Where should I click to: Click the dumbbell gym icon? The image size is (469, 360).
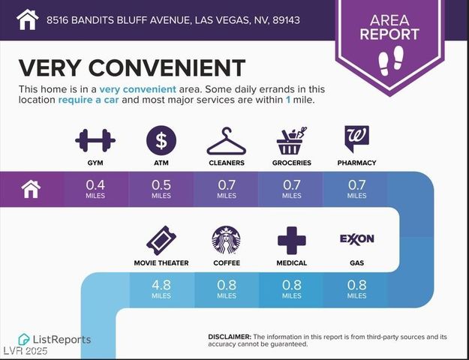[95, 140]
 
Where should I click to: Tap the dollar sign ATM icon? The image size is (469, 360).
[161, 140]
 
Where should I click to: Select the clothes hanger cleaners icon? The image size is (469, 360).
[226, 141]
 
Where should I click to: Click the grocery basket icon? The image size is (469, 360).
[291, 140]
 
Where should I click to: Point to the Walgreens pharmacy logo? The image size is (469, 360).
[356, 139]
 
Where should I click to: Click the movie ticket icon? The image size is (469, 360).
[161, 240]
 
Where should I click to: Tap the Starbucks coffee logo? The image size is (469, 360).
[226, 240]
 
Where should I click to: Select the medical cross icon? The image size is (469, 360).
[291, 240]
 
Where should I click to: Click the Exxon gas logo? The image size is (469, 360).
[356, 239]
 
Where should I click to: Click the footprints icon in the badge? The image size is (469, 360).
[389, 60]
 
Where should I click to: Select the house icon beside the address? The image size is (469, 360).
[27, 19]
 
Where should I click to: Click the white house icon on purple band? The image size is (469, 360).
[31, 189]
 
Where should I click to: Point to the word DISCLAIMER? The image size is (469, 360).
[229, 337]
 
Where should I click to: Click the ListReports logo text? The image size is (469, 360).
[60, 340]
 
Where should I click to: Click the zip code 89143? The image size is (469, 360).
[285, 19]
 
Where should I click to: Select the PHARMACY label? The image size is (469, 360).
[356, 163]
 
